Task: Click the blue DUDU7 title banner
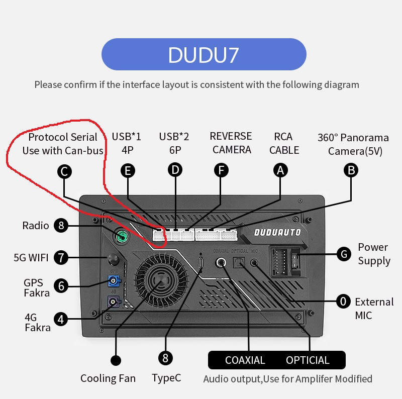[x=204, y=54]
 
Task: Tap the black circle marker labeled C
[x=64, y=171]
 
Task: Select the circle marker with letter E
[x=128, y=171]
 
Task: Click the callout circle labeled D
[x=175, y=170]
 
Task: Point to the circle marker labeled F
[x=221, y=170]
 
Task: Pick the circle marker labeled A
[x=280, y=171]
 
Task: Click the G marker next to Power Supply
[x=344, y=254]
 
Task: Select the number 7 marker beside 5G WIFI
[x=61, y=258]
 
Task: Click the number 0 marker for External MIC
[x=344, y=302]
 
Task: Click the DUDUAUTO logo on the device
[x=277, y=232]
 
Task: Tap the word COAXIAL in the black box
[x=245, y=360]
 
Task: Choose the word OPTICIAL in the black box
[x=308, y=360]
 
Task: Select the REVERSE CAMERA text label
[x=231, y=143]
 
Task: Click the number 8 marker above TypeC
[x=165, y=357]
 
